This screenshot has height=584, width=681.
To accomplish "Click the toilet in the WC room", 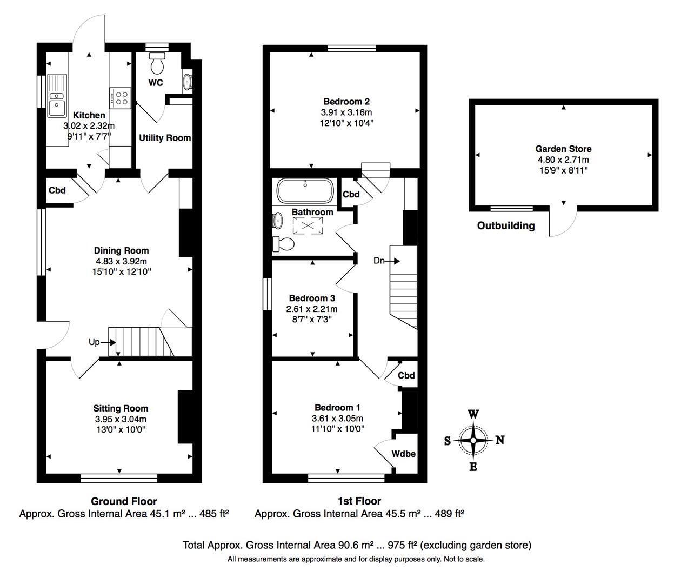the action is [x=157, y=63].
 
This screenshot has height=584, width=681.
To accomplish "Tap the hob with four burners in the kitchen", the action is [x=120, y=98].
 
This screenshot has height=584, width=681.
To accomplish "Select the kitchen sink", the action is [x=57, y=96].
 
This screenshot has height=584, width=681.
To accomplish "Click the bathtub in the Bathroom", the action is [x=305, y=190].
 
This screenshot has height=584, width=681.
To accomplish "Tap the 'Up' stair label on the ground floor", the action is [x=94, y=342].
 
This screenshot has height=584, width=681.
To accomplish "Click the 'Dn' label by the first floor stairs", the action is [x=379, y=261].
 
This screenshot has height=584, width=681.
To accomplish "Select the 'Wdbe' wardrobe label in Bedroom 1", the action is [x=404, y=454].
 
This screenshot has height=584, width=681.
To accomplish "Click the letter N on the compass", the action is [x=500, y=440].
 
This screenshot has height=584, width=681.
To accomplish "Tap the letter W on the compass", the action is [x=473, y=414].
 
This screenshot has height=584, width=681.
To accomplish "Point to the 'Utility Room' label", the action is [x=165, y=138].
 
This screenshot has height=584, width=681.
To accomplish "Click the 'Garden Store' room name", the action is [x=563, y=149].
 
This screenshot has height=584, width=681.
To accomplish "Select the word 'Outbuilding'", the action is [x=506, y=225].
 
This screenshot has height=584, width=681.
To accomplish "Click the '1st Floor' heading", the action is [x=359, y=501].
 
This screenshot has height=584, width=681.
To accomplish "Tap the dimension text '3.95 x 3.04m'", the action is [x=121, y=419].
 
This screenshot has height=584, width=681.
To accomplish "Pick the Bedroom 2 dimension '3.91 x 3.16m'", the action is [x=346, y=112].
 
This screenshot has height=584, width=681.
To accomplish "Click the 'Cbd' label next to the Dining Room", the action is [x=57, y=190].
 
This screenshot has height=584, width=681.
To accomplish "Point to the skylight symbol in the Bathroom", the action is [x=308, y=225].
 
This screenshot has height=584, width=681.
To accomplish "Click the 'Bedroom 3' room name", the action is [x=312, y=298].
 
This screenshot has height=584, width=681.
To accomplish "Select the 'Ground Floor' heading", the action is [x=124, y=501].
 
